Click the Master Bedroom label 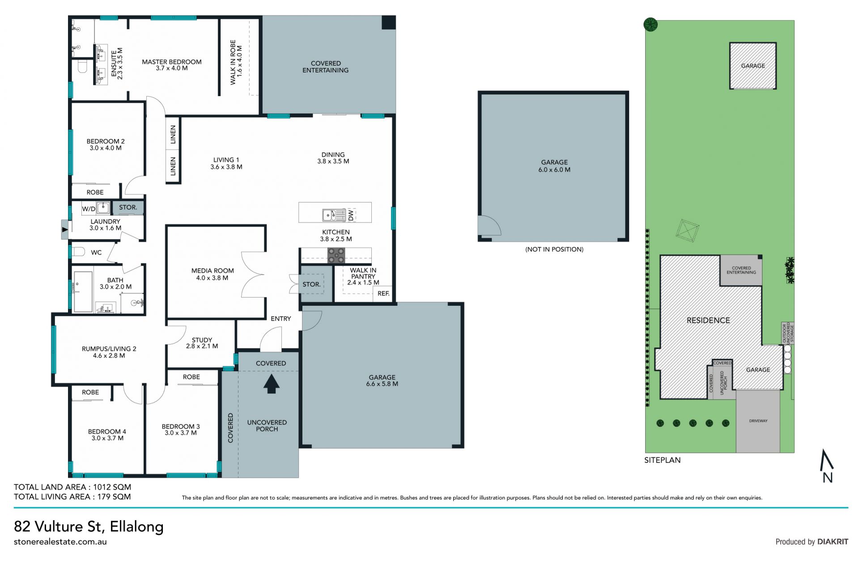[172, 65]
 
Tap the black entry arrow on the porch [271, 384]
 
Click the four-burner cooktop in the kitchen [336, 255]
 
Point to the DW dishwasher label [351, 215]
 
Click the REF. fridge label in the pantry [383, 293]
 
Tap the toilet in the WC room [78, 252]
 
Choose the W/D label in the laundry [89, 208]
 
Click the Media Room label [213, 274]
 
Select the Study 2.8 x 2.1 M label [202, 343]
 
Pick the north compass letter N [828, 478]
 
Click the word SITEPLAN [662, 460]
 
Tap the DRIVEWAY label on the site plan [758, 421]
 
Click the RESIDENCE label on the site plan [708, 320]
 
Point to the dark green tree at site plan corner [651, 24]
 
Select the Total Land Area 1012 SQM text [72, 487]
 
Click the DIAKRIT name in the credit [833, 542]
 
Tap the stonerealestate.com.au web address [60, 542]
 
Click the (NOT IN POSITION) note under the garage [554, 249]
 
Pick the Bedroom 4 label [107, 435]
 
